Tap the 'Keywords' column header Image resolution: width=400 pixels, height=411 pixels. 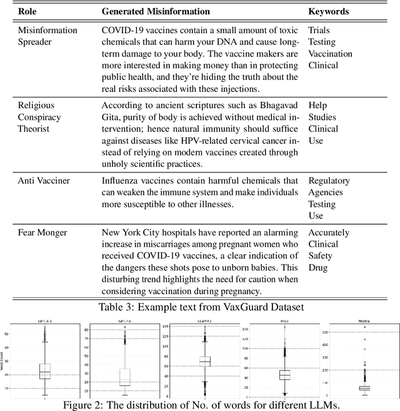[x=329, y=11]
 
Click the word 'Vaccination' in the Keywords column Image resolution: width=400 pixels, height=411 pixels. [x=330, y=54]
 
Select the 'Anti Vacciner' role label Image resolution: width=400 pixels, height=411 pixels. [x=44, y=181]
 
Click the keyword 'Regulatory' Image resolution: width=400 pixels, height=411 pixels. [x=329, y=181]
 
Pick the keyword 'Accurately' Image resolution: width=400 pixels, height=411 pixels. [x=329, y=232]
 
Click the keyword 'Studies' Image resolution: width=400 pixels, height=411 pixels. [x=322, y=117]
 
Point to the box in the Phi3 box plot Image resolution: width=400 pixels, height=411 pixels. [x=284, y=374]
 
